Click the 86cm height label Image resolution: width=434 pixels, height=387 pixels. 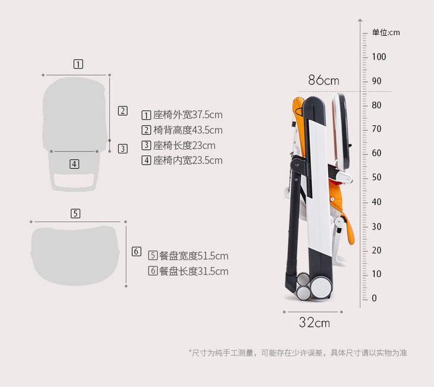pyautogui.click(x=323, y=80)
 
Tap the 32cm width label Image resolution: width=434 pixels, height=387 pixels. pyautogui.click(x=314, y=323)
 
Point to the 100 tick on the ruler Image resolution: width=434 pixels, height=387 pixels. pyautogui.click(x=379, y=57)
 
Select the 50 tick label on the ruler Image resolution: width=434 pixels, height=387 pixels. pyautogui.click(x=376, y=178)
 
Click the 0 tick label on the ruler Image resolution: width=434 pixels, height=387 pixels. pyautogui.click(x=374, y=298)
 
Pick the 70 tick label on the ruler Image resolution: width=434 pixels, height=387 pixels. pyautogui.click(x=376, y=129)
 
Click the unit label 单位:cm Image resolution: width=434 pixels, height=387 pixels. pyautogui.click(x=386, y=32)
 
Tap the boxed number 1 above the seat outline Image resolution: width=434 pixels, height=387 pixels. pyautogui.click(x=78, y=64)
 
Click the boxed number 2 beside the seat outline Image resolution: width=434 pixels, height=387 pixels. pyautogui.click(x=122, y=111)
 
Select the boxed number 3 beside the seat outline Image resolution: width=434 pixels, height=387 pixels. pyautogui.click(x=122, y=149)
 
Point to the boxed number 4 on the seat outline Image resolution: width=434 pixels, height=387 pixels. pyautogui.click(x=74, y=163)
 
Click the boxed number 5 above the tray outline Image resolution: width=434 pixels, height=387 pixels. pyautogui.click(x=76, y=213)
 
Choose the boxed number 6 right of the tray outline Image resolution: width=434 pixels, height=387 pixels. pyautogui.click(x=136, y=251)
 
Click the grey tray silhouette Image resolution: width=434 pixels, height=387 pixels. pyautogui.click(x=77, y=254)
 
